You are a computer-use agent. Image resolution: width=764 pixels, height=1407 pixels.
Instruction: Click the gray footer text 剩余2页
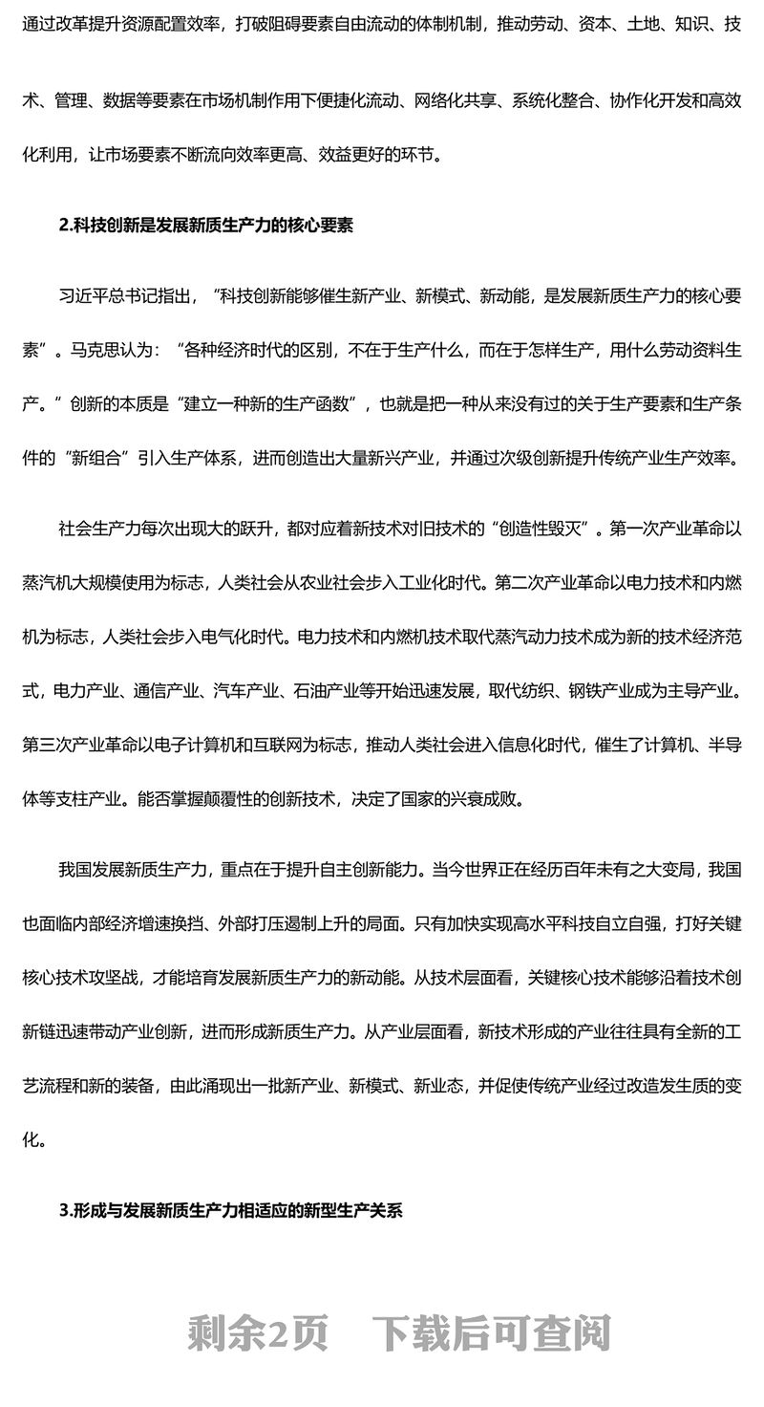[x=258, y=1332]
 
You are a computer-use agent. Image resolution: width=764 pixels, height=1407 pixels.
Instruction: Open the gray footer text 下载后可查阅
[x=491, y=1332]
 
